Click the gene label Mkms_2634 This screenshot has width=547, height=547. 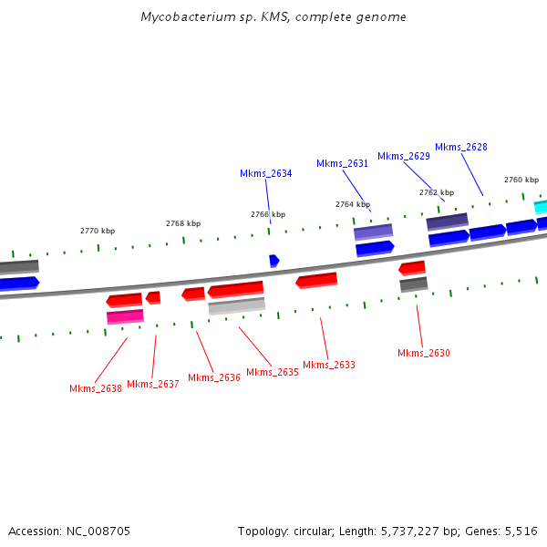point(266,173)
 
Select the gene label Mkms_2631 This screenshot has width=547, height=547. point(342,164)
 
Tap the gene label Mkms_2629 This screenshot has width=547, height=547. point(403,156)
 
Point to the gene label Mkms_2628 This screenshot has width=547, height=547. point(460,147)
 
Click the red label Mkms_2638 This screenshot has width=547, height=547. point(96,388)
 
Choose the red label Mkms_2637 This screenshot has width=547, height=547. point(152,384)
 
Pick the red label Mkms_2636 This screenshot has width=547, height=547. point(214,377)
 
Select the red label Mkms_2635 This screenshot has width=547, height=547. point(273,372)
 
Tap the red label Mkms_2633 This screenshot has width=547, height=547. point(329,365)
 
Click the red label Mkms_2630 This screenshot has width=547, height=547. point(424,353)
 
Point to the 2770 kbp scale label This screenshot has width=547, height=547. point(98,232)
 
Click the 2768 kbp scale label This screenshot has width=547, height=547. point(183,223)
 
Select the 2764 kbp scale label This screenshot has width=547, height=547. point(353,204)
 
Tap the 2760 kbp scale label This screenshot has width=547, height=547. point(521,180)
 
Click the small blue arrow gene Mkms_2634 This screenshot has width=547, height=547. point(273,261)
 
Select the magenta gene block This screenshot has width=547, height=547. point(125,316)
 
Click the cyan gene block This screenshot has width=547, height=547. point(541,207)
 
